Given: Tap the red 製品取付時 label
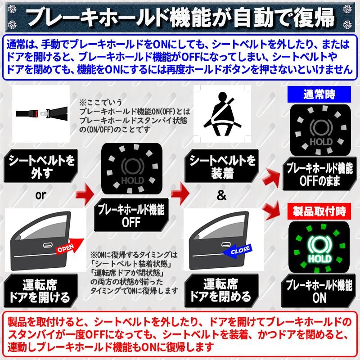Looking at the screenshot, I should pos(319,211).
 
